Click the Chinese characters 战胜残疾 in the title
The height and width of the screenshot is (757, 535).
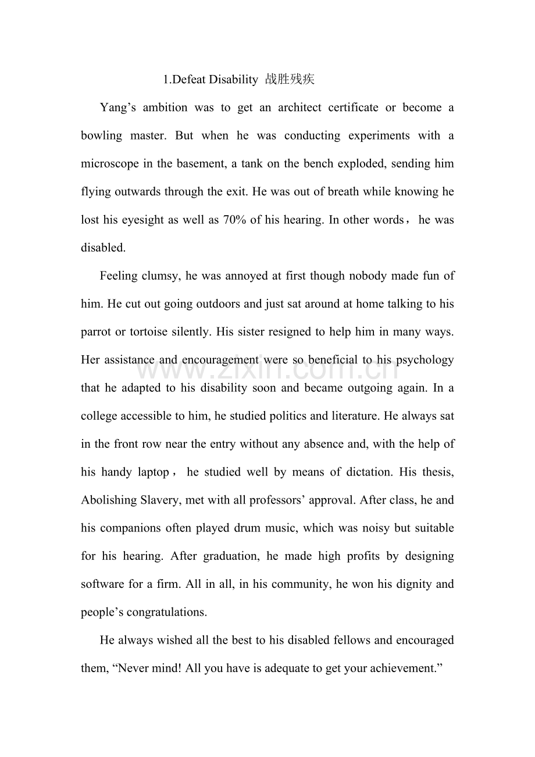point(290,80)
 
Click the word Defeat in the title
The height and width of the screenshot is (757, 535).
point(189,80)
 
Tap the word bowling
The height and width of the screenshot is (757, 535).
point(101,135)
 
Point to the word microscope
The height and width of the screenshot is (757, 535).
point(110,164)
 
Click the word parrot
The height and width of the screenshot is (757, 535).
point(96,332)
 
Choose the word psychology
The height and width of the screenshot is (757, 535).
point(425,360)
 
